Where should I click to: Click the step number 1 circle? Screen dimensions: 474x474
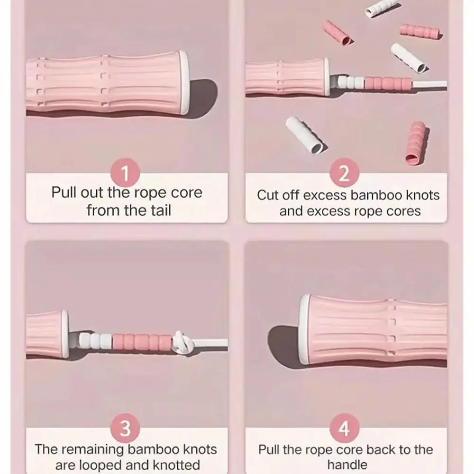[125, 173]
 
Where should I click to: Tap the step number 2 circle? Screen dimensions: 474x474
[344, 173]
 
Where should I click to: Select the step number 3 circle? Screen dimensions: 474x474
[125, 428]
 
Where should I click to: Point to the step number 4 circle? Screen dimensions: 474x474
[344, 428]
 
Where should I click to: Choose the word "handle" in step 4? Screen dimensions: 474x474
[347, 465]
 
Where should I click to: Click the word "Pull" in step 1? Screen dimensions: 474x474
[64, 192]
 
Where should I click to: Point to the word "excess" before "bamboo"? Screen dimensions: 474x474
[325, 195]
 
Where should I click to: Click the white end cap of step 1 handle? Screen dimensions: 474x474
[184, 82]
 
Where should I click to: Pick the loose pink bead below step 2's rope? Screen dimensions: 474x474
[416, 143]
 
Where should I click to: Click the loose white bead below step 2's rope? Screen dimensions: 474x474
[306, 135]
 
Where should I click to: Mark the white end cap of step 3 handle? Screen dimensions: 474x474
[65, 334]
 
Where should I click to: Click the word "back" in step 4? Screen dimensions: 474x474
[382, 449]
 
